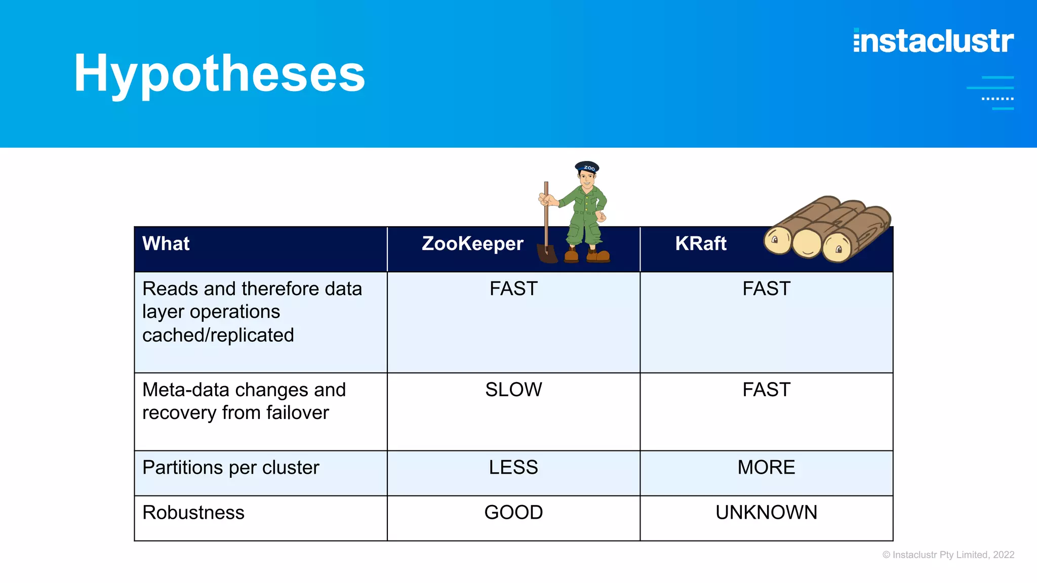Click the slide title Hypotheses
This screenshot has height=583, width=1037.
tap(219, 73)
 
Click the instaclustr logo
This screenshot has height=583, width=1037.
tap(933, 41)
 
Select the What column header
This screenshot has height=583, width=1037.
tap(166, 244)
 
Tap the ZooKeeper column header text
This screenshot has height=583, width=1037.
tap(472, 244)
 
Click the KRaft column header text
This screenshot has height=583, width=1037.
tap(700, 244)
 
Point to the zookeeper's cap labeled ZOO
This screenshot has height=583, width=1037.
tap(587, 167)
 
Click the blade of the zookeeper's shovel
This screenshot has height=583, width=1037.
tap(547, 254)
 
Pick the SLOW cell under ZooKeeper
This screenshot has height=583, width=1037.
tap(513, 390)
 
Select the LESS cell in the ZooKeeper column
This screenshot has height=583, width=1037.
tap(513, 467)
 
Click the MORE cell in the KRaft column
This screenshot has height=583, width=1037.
tap(766, 467)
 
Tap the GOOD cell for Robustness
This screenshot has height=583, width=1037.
tap(513, 513)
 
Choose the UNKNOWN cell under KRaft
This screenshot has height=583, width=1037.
tap(766, 513)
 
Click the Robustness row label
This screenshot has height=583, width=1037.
tap(193, 513)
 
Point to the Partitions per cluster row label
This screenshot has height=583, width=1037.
tap(230, 468)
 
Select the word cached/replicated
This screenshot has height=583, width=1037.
tap(218, 335)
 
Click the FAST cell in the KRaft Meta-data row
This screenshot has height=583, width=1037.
tap(766, 390)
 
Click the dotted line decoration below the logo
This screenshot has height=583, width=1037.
tap(997, 99)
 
